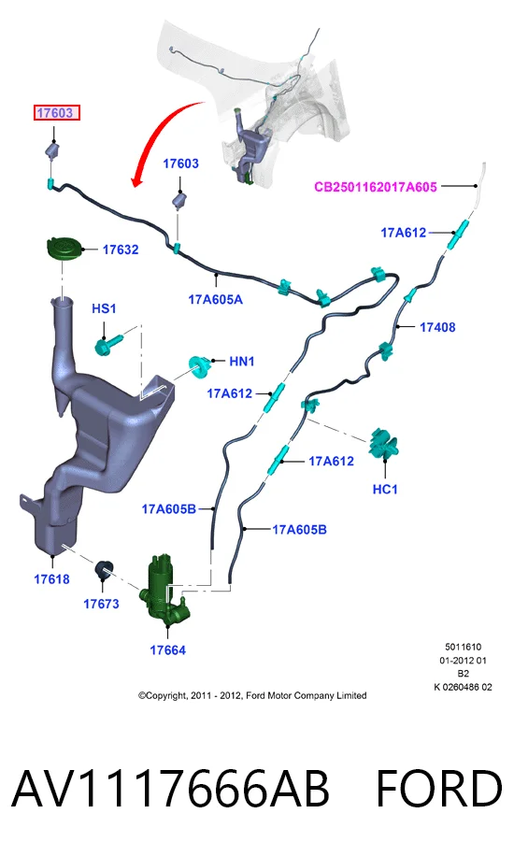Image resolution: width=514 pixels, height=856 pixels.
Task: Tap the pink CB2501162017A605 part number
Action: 376,187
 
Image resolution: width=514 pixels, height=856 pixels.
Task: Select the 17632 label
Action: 121,250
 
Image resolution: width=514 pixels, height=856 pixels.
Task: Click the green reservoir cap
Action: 64,250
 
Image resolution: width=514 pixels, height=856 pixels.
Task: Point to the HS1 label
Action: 104,308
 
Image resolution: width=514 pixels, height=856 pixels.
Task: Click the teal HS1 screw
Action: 108,345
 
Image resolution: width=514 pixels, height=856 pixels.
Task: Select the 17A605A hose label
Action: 216,299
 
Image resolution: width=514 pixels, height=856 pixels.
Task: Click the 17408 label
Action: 437,327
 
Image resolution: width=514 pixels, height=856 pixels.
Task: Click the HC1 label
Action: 385,489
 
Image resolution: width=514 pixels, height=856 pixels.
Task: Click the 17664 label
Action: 167,650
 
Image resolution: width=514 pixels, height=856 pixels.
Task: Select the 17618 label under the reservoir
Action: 52,578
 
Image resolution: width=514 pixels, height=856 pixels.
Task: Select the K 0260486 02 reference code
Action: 464,687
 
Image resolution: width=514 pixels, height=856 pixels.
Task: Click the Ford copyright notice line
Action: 252,695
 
